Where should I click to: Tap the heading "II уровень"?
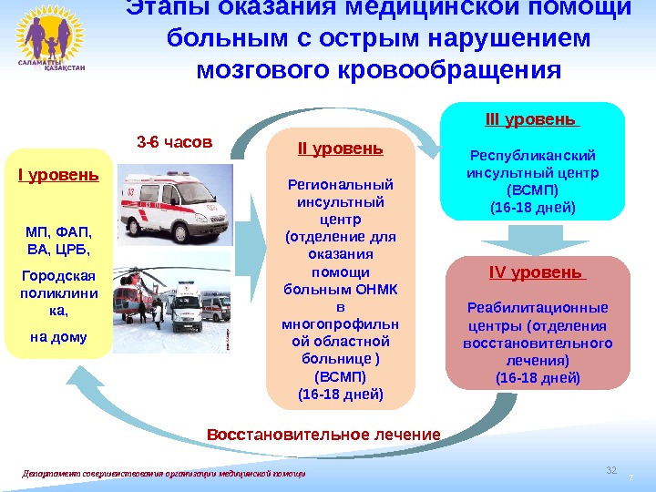tap(341, 149)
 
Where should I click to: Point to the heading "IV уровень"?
tap(537, 272)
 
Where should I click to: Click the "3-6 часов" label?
tap(174, 142)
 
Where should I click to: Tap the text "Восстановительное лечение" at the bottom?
tap(323, 434)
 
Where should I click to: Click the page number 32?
tap(611, 469)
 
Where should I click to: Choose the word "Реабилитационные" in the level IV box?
tap(537, 307)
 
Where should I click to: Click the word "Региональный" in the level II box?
tap(341, 184)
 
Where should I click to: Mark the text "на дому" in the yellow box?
tap(58, 336)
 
